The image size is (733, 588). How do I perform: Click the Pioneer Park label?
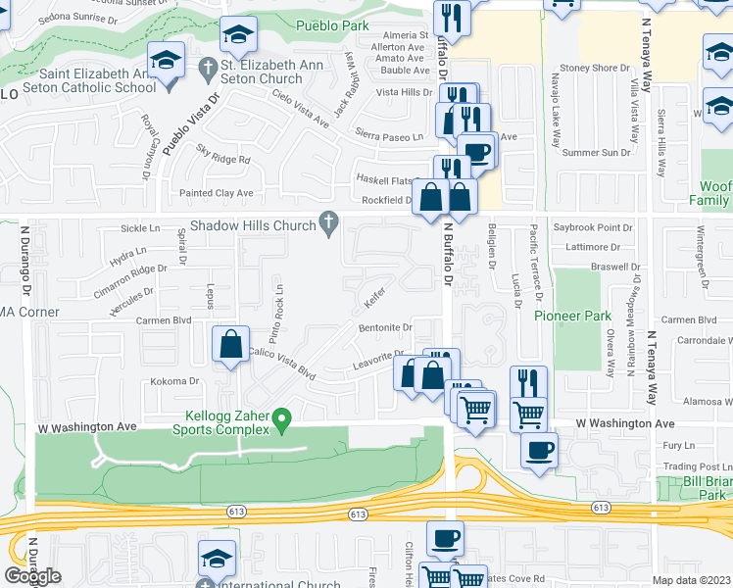(x=572, y=316)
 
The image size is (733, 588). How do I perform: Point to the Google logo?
(x=31, y=576)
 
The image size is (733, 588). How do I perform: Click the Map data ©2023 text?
(x=690, y=580)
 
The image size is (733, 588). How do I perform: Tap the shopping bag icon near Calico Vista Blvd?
(x=229, y=345)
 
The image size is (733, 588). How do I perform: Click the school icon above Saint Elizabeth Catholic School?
(x=167, y=61)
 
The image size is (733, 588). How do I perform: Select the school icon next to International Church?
(x=217, y=559)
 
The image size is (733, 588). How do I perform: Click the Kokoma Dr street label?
(x=180, y=381)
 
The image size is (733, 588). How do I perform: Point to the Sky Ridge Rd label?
(x=223, y=153)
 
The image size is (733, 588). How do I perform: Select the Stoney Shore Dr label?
(x=597, y=68)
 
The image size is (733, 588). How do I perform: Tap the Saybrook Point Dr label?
(x=594, y=226)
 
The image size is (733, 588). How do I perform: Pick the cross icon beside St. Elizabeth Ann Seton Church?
(x=207, y=68)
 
